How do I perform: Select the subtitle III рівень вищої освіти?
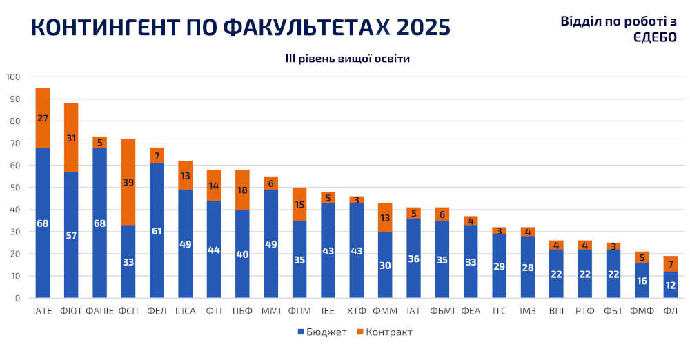point(348,59)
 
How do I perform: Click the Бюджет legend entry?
point(322,332)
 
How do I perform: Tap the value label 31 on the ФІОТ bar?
point(71,139)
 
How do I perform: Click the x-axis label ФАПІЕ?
point(99,312)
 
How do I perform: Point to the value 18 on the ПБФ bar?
point(242,190)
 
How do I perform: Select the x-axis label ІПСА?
point(185,312)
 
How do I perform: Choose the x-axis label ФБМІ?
point(442,312)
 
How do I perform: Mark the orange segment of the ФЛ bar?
point(669,263)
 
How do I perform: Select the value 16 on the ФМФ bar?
point(641,281)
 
